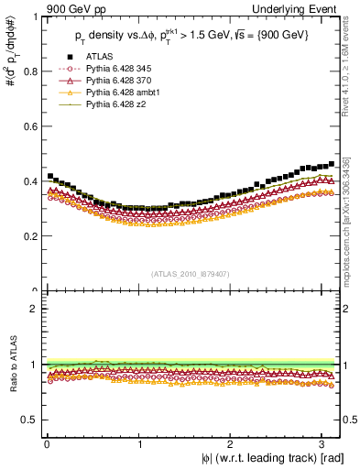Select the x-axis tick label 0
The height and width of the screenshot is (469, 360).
(x=47, y=443)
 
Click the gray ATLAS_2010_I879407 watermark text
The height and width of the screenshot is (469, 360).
(x=191, y=274)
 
